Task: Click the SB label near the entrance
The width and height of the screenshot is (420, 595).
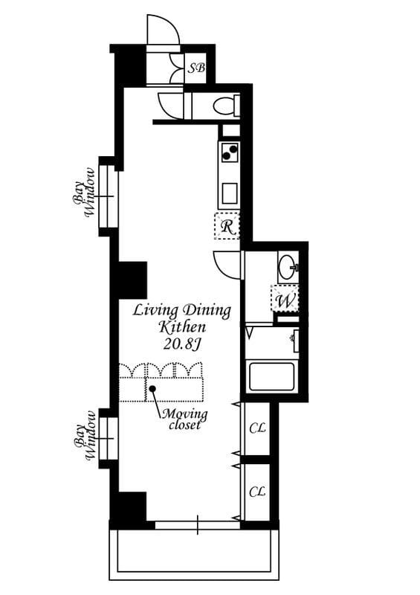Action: [x=197, y=68]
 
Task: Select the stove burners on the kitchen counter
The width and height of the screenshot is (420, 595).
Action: [x=229, y=152]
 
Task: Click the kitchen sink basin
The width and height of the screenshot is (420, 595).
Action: [x=230, y=193]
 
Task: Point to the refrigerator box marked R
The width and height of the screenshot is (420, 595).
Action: [x=227, y=226]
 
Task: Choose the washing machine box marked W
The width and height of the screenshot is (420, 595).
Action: [x=285, y=298]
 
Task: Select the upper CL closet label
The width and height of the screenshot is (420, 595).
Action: [x=257, y=428]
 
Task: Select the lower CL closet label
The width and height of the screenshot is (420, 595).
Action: [x=257, y=492]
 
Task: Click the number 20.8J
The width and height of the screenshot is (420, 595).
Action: [x=182, y=344]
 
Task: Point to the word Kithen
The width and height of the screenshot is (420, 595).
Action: [x=182, y=327]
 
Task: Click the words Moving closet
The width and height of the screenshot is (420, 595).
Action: [x=185, y=419]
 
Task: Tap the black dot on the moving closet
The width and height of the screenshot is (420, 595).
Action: [x=152, y=388]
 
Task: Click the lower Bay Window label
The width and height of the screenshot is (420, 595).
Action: [x=85, y=436]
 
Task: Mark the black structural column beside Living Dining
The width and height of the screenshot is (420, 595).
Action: [x=133, y=280]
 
